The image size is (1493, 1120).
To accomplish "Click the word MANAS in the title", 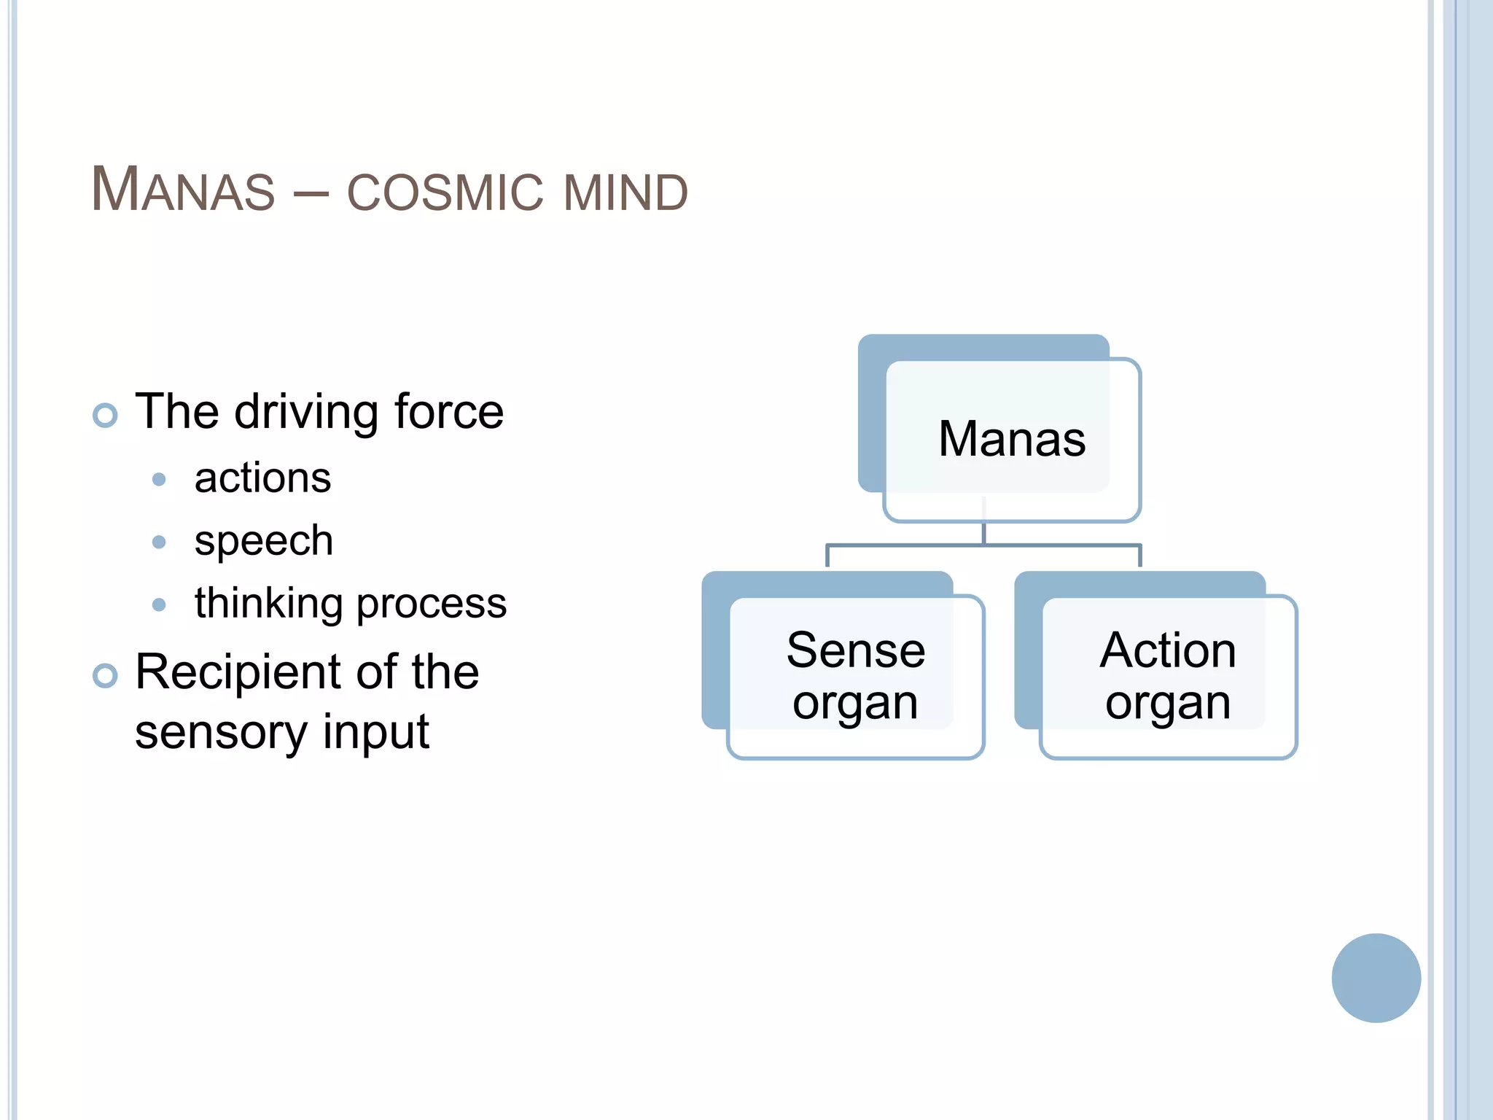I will click(183, 190).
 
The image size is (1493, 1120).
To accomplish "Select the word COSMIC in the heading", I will click(445, 193).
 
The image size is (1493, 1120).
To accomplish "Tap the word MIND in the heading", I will click(625, 193).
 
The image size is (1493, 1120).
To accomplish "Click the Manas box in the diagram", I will click(1012, 440).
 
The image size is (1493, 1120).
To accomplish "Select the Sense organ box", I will click(856, 677).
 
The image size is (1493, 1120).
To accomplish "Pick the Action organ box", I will click(1168, 677).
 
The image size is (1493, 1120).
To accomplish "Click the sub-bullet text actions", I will click(262, 478).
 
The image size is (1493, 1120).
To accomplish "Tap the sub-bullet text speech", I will click(264, 541).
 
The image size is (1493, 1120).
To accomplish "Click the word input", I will click(376, 734).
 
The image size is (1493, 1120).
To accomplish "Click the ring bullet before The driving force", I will click(105, 415).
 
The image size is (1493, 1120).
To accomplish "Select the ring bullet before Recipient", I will click(105, 675).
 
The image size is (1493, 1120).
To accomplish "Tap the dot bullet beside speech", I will click(159, 542).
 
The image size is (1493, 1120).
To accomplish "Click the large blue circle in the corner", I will click(1376, 978).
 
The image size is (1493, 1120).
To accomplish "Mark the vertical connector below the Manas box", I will click(983, 532).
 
